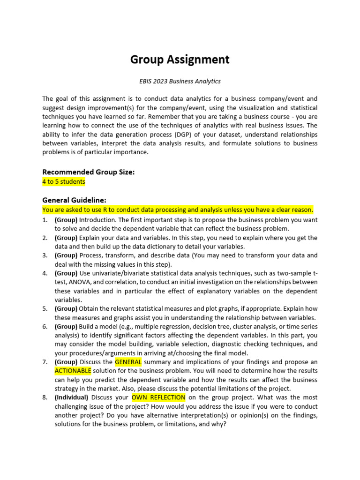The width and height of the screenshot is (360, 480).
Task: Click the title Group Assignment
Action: tap(180, 60)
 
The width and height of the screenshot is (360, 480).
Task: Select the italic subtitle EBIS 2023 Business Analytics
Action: tap(180, 81)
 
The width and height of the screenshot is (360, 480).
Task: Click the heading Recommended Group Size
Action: tap(89, 172)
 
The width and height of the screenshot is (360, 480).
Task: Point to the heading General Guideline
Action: tap(74, 200)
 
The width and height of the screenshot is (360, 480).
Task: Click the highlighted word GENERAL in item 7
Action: tap(128, 362)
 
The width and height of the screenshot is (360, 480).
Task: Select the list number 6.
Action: tap(45, 327)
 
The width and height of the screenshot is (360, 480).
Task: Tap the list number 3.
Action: tap(45, 255)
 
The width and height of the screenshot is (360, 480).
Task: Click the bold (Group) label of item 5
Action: tap(66, 309)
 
